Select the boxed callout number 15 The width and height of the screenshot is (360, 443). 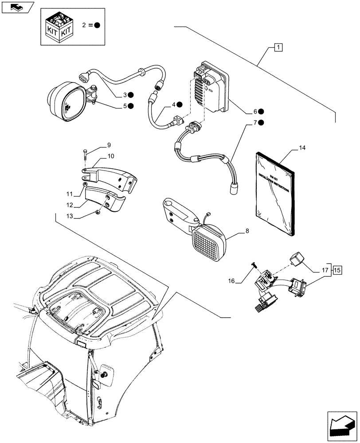(x=337, y=269)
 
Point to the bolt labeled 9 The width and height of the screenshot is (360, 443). (x=84, y=156)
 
